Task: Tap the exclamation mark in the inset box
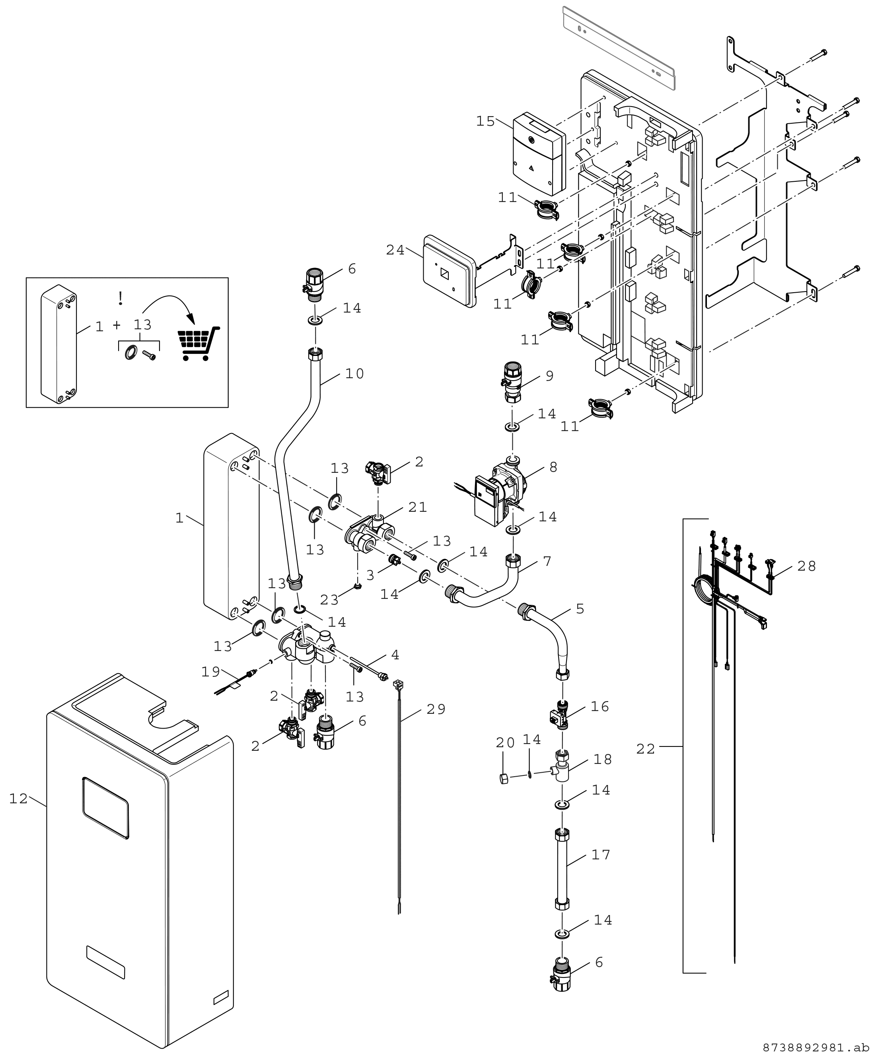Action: [x=120, y=298]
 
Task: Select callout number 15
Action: [x=486, y=122]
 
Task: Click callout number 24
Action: [x=395, y=250]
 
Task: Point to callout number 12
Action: [x=19, y=799]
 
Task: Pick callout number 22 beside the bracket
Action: [x=646, y=749]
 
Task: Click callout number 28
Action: [x=806, y=566]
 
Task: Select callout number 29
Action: [x=436, y=709]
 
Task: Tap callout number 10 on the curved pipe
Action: [x=354, y=373]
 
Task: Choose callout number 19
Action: [x=211, y=672]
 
